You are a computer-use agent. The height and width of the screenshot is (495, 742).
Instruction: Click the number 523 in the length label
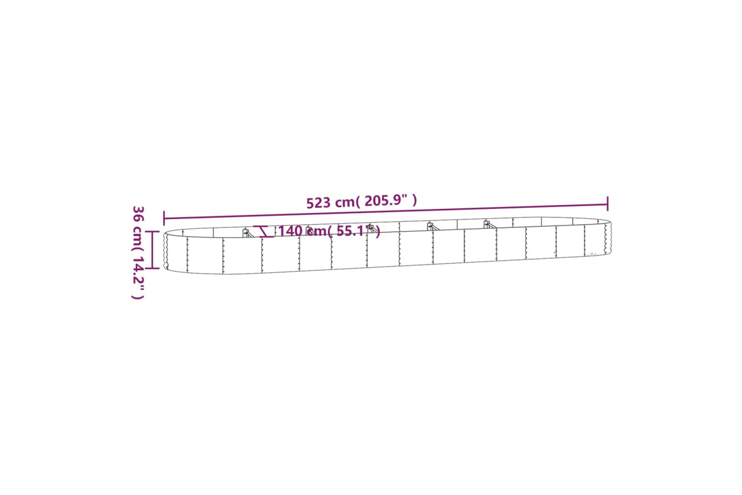coord(319,203)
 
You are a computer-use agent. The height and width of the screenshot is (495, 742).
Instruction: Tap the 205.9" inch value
coord(386,200)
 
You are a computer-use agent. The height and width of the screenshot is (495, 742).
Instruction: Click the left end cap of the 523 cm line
coord(164,218)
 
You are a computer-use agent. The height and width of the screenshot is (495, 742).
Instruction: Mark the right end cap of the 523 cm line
coord(607,203)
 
